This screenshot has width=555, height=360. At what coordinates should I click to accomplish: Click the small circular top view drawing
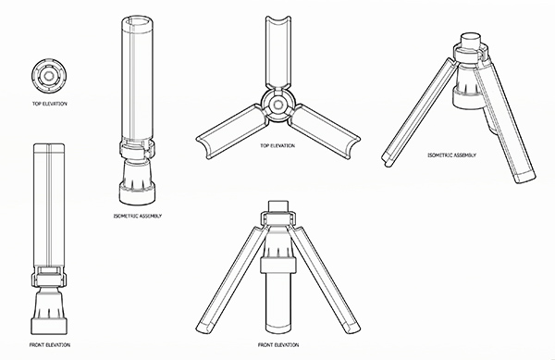tap(48, 76)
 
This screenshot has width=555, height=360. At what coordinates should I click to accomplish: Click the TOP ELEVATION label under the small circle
tap(49, 104)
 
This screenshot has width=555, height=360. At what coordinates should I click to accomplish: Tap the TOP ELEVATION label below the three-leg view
tap(277, 146)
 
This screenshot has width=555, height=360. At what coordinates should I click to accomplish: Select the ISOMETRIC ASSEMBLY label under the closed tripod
tap(138, 216)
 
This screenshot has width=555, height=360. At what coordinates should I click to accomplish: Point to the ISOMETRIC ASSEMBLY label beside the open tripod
tap(451, 155)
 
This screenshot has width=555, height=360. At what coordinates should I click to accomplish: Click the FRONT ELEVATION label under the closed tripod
tap(50, 345)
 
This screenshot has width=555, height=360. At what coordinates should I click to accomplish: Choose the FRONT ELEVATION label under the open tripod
tap(278, 345)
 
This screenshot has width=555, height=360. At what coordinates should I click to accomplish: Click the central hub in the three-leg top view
tap(277, 105)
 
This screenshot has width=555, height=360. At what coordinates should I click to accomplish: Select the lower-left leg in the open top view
tap(230, 131)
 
